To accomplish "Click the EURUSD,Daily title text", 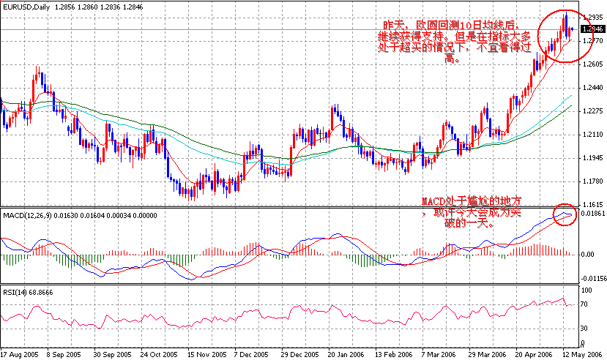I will pyautogui.click(x=27, y=6).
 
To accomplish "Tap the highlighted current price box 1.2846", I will pyautogui.click(x=591, y=29).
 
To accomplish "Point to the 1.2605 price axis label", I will pyautogui.click(x=591, y=64).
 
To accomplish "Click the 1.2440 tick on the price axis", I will pyautogui.click(x=591, y=88).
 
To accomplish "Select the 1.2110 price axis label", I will pyautogui.click(x=591, y=135).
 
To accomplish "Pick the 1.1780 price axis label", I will pyautogui.click(x=591, y=181).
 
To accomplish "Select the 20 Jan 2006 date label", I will pyautogui.click(x=344, y=353).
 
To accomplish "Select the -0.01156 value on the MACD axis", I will pyautogui.click(x=592, y=278).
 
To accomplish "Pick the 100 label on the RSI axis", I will pyautogui.click(x=586, y=290).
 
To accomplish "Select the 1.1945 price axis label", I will pyautogui.click(x=591, y=158).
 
